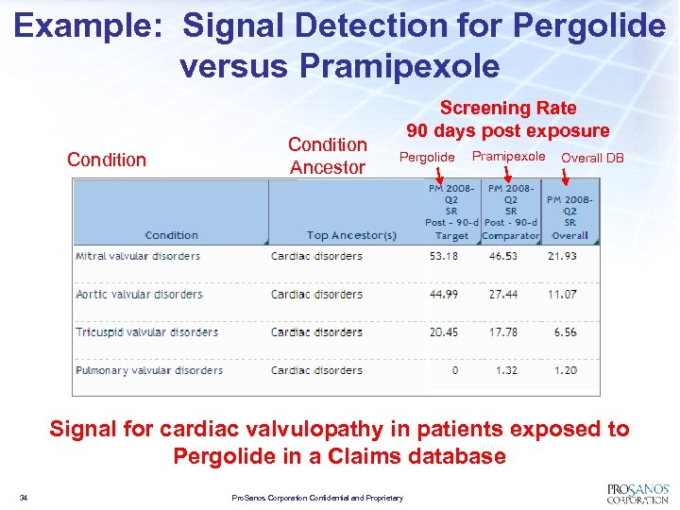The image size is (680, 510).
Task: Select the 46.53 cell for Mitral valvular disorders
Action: (502, 256)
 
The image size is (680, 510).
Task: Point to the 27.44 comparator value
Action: (502, 294)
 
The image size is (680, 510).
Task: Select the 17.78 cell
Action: (502, 331)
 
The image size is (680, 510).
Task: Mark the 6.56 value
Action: (565, 331)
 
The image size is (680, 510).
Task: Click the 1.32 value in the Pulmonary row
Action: (506, 370)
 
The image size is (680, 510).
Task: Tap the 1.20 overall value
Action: (565, 370)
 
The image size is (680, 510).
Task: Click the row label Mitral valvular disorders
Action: (138, 256)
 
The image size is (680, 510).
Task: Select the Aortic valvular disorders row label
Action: (139, 294)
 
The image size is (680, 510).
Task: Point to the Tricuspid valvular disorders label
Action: (146, 331)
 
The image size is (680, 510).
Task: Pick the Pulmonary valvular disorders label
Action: (149, 370)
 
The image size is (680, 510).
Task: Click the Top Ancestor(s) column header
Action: (351, 235)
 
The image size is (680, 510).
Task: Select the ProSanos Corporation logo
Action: (637, 492)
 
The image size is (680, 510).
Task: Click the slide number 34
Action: (24, 498)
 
